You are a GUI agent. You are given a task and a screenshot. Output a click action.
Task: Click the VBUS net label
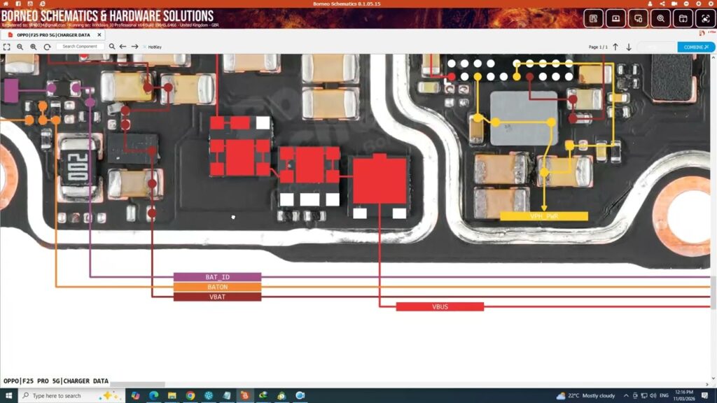440,306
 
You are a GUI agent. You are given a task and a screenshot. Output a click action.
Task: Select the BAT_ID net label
217,277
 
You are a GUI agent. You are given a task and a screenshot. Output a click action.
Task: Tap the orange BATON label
217,287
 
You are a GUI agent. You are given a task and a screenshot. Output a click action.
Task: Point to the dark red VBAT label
217,297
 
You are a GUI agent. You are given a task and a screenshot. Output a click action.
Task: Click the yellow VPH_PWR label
543,216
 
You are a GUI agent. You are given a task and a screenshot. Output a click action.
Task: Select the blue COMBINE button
696,47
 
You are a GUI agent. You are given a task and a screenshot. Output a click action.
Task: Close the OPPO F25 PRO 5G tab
99,34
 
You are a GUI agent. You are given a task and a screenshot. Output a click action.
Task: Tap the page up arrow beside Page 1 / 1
615,47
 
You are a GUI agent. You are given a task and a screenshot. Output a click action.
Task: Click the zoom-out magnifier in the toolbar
20,47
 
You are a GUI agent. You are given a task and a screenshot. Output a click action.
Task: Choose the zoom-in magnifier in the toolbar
34,47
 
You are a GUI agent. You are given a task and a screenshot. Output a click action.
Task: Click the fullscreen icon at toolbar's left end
6,47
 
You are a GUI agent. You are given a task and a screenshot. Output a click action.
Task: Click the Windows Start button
8,395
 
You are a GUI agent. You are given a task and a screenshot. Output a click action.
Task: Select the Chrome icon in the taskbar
190,395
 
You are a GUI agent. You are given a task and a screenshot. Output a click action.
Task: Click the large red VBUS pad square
380,181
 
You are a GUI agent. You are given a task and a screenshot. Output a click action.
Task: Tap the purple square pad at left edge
11,89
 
